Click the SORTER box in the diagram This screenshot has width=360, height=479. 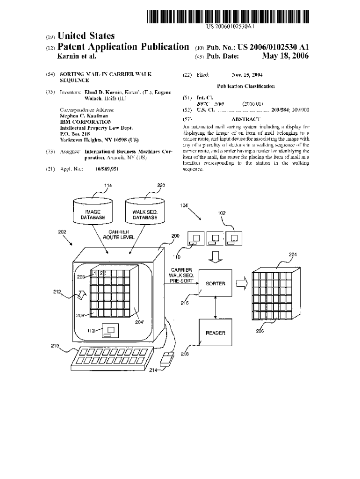click(x=215, y=283)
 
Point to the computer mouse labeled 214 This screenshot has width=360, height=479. click(x=166, y=360)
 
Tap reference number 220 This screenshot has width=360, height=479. click(x=161, y=185)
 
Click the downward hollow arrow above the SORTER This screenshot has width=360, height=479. click(x=215, y=256)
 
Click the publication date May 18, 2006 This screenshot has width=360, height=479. click(x=285, y=56)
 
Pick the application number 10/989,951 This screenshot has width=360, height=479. click(x=107, y=168)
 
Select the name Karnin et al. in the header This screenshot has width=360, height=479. click(x=76, y=57)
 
